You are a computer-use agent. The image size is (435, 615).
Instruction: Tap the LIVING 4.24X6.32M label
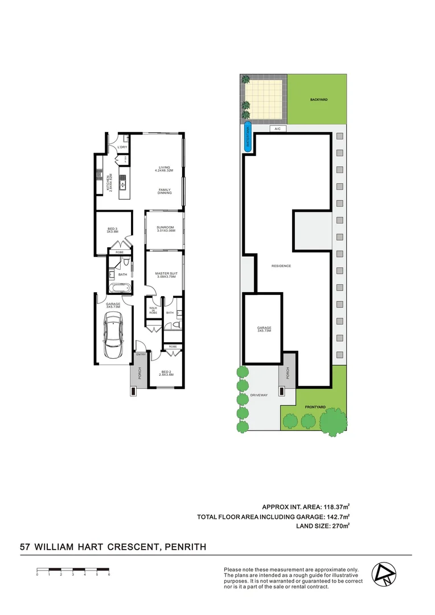[165, 169]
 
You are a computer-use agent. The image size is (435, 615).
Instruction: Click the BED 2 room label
[165, 373]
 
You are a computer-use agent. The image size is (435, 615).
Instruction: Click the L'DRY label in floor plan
[121, 147]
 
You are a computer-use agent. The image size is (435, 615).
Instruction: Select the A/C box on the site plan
[278, 129]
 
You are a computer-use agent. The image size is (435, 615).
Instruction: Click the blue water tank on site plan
[248, 137]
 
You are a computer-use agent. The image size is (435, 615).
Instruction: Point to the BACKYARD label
[319, 100]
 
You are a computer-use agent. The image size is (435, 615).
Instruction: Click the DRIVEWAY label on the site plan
[258, 395]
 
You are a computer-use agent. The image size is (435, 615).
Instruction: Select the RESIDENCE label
[281, 266]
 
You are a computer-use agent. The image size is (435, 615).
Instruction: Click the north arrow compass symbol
[382, 574]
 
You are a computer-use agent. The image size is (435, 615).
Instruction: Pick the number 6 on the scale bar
[109, 575]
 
